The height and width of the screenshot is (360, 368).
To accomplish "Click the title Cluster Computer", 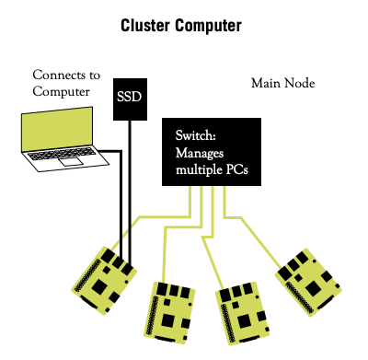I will (182, 25).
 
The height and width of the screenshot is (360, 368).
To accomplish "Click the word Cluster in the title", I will (149, 25).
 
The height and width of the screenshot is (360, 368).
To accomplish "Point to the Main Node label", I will (284, 84).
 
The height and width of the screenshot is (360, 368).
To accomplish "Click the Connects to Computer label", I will (66, 83).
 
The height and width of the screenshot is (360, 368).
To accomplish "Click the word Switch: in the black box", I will (195, 135).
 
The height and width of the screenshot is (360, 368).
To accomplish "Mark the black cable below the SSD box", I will (130, 184).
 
